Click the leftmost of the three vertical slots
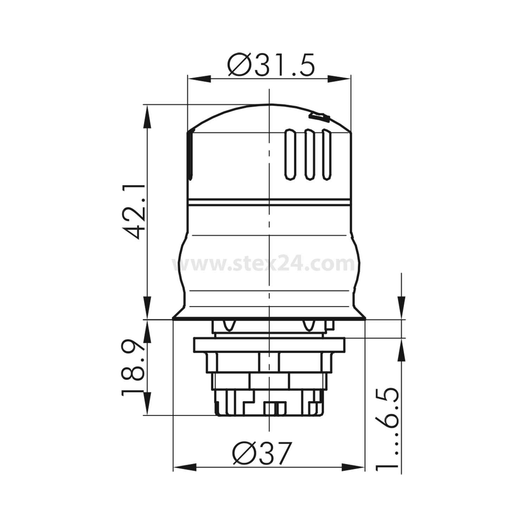point(290,155)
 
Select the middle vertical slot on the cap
point(308,155)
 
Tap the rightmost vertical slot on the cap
point(326,155)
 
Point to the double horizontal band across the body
point(269,203)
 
